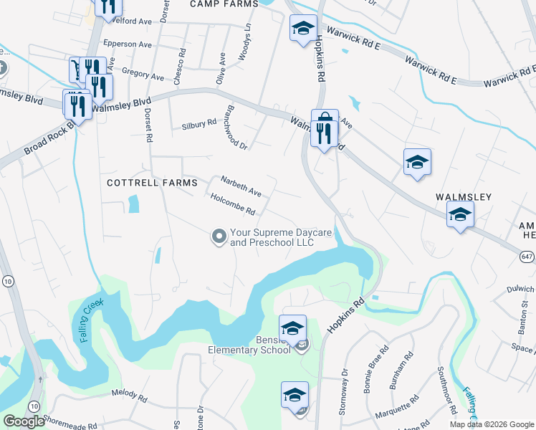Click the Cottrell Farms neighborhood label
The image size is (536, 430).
pyautogui.click(x=151, y=183)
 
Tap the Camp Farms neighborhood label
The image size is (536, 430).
pyautogui.click(x=224, y=4)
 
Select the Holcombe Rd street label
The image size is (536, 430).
pyautogui.click(x=234, y=206)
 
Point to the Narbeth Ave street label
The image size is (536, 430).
pyautogui.click(x=241, y=185)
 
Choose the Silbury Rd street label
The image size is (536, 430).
pyautogui.click(x=198, y=123)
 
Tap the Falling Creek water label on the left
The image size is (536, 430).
pyautogui.click(x=92, y=320)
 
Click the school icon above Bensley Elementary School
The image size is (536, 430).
pyautogui.click(x=292, y=328)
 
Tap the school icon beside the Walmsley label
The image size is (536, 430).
pyautogui.click(x=460, y=214)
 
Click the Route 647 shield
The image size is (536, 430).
pyautogui.click(x=527, y=255)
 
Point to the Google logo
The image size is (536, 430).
pyautogui.click(x=23, y=422)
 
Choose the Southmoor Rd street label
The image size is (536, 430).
pyautogui.click(x=448, y=391)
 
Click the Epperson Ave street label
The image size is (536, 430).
pyautogui.click(x=128, y=44)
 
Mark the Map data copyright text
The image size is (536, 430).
pyautogui.click(x=491, y=424)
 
